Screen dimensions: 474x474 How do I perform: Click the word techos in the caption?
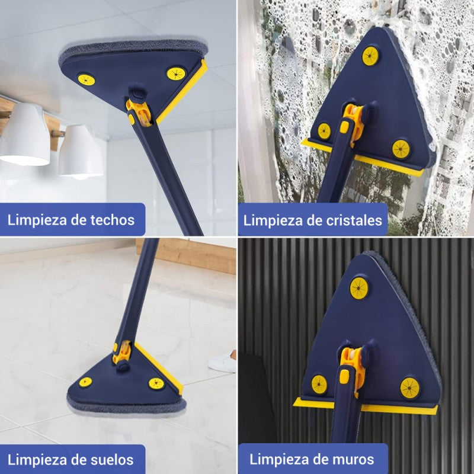(x=113, y=220)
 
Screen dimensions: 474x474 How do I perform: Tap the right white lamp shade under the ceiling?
(x=81, y=153)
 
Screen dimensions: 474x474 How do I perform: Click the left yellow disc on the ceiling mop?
(x=87, y=79)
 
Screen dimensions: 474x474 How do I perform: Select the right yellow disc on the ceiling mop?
(x=175, y=73)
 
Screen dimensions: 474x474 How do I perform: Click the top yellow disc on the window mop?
(x=370, y=56)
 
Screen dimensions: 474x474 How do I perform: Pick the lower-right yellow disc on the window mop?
(x=401, y=149)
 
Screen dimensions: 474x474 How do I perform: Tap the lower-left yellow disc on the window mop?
(x=324, y=131)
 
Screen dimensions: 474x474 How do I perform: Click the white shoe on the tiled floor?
(x=222, y=360)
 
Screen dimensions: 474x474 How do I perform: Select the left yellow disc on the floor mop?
(x=85, y=382)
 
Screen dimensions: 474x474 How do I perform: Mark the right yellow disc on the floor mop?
(x=156, y=383)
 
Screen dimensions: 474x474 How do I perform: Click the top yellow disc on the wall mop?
(x=358, y=287)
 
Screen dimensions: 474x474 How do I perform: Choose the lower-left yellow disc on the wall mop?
(x=319, y=384)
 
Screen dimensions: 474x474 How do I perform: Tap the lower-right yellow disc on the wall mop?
(x=409, y=387)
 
